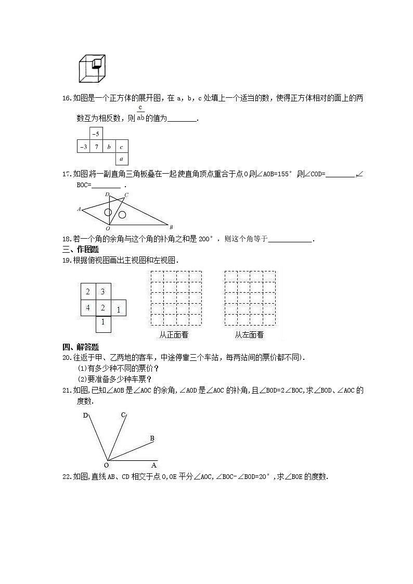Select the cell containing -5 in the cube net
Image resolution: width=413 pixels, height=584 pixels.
96,134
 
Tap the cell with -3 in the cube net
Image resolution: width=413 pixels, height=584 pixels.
83,147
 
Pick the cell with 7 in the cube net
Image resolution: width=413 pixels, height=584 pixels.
96,147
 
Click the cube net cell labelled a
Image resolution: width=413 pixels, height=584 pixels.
121,159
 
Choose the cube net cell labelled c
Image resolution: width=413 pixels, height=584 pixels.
121,147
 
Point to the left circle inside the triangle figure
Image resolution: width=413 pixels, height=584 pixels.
108,212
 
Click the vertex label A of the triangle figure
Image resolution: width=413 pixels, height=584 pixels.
79,210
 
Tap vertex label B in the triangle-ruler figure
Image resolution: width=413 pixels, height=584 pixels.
171,227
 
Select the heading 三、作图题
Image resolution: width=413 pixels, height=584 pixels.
81,249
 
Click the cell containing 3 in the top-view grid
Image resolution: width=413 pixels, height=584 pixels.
103,292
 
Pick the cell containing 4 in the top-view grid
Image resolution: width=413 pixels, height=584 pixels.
88,307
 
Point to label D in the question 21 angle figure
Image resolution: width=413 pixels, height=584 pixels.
85,415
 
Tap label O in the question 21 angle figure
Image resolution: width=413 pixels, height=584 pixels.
106,465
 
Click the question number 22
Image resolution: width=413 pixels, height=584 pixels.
66,477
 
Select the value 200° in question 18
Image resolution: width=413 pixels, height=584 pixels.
205,239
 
